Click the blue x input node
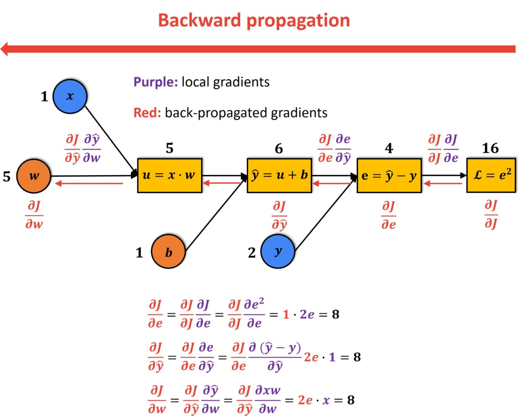click(x=70, y=96)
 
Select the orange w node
click(x=33, y=176)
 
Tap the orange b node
click(x=169, y=252)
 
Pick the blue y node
click(x=278, y=252)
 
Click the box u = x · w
click(x=169, y=176)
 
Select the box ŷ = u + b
click(x=279, y=176)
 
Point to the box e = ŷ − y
click(x=389, y=176)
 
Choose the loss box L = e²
click(x=491, y=176)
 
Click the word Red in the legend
click(x=148, y=113)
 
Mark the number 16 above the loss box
click(x=490, y=149)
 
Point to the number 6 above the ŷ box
click(x=279, y=149)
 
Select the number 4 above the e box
click(x=389, y=149)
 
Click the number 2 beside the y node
click(x=252, y=252)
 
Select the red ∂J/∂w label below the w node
click(x=34, y=214)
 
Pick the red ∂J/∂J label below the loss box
click(x=491, y=214)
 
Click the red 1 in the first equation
click(x=285, y=314)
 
